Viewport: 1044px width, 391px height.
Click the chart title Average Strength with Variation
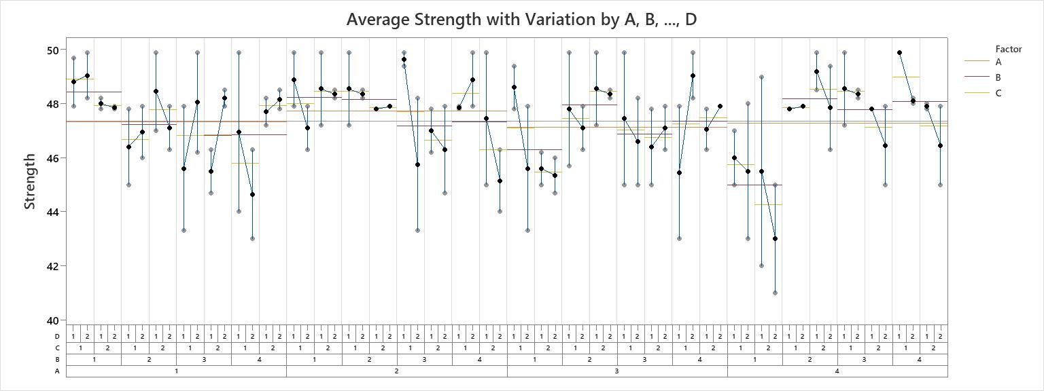521,19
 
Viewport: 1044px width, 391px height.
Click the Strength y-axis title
30,181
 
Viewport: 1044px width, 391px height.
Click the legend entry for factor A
998,62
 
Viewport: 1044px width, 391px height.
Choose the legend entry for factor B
998,77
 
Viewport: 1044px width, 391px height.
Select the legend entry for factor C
998,93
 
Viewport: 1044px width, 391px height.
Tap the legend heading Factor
1009,49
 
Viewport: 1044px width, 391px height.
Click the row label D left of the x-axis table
58,336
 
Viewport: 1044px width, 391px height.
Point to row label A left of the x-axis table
58,371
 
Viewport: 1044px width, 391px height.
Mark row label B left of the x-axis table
58,359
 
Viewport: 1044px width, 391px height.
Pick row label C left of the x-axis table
58,348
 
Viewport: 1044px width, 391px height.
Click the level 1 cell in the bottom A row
176,371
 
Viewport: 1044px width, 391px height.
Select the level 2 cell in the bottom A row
396,371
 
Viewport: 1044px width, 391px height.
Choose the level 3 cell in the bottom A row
616,371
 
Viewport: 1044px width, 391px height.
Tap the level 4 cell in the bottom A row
837,371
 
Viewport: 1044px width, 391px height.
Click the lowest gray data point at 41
775,293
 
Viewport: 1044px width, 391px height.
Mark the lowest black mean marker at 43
775,239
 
